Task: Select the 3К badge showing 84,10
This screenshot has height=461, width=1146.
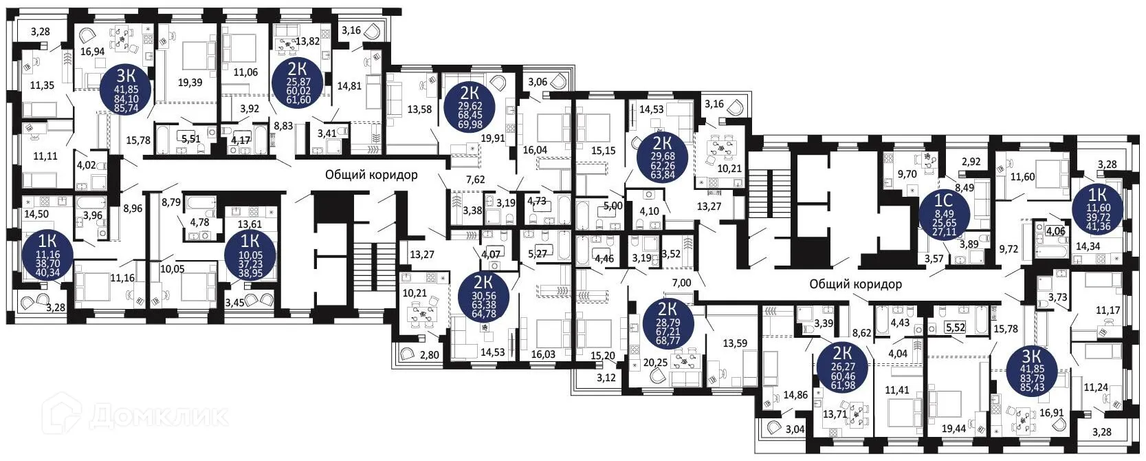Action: pyautogui.click(x=127, y=89)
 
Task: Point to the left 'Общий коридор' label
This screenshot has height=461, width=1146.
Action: pyautogui.click(x=371, y=175)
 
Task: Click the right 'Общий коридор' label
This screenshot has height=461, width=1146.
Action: pyautogui.click(x=855, y=283)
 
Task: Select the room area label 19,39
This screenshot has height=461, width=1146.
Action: pyautogui.click(x=190, y=83)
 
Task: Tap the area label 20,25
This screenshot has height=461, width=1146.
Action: pyautogui.click(x=656, y=363)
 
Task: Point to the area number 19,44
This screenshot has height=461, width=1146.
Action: pyautogui.click(x=953, y=429)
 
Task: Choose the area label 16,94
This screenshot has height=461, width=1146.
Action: pyautogui.click(x=92, y=52)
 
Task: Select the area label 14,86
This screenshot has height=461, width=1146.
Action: pyautogui.click(x=795, y=395)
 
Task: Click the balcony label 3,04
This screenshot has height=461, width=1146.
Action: pyautogui.click(x=795, y=429)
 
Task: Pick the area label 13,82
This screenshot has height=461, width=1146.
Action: pyautogui.click(x=307, y=41)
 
